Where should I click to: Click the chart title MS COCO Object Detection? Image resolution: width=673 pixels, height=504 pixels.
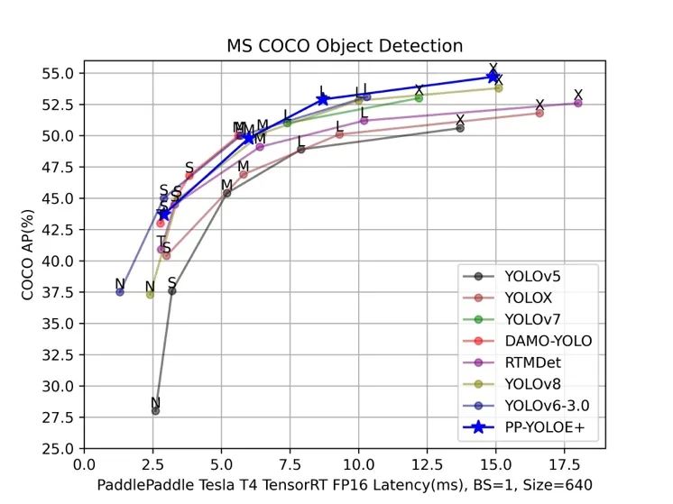[344, 46]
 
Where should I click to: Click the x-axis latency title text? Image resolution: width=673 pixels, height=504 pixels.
[344, 485]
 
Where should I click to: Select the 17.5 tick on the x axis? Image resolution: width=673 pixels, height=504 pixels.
[565, 465]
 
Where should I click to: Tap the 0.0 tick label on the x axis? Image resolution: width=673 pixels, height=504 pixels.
[85, 465]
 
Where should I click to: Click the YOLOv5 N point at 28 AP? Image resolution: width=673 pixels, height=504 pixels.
[155, 410]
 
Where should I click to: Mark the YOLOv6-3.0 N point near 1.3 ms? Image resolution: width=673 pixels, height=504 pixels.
[120, 292]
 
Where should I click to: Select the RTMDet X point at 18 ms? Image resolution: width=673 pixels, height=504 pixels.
[578, 103]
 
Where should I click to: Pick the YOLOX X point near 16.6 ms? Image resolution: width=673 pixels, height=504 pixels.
[539, 113]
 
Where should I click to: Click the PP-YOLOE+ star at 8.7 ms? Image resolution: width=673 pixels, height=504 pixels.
[323, 98]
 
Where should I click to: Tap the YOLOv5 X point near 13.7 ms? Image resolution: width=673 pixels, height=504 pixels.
[460, 128]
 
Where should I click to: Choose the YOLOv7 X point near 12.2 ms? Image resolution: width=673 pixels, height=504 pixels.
[419, 97]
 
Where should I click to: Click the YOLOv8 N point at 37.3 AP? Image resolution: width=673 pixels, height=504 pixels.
[150, 294]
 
